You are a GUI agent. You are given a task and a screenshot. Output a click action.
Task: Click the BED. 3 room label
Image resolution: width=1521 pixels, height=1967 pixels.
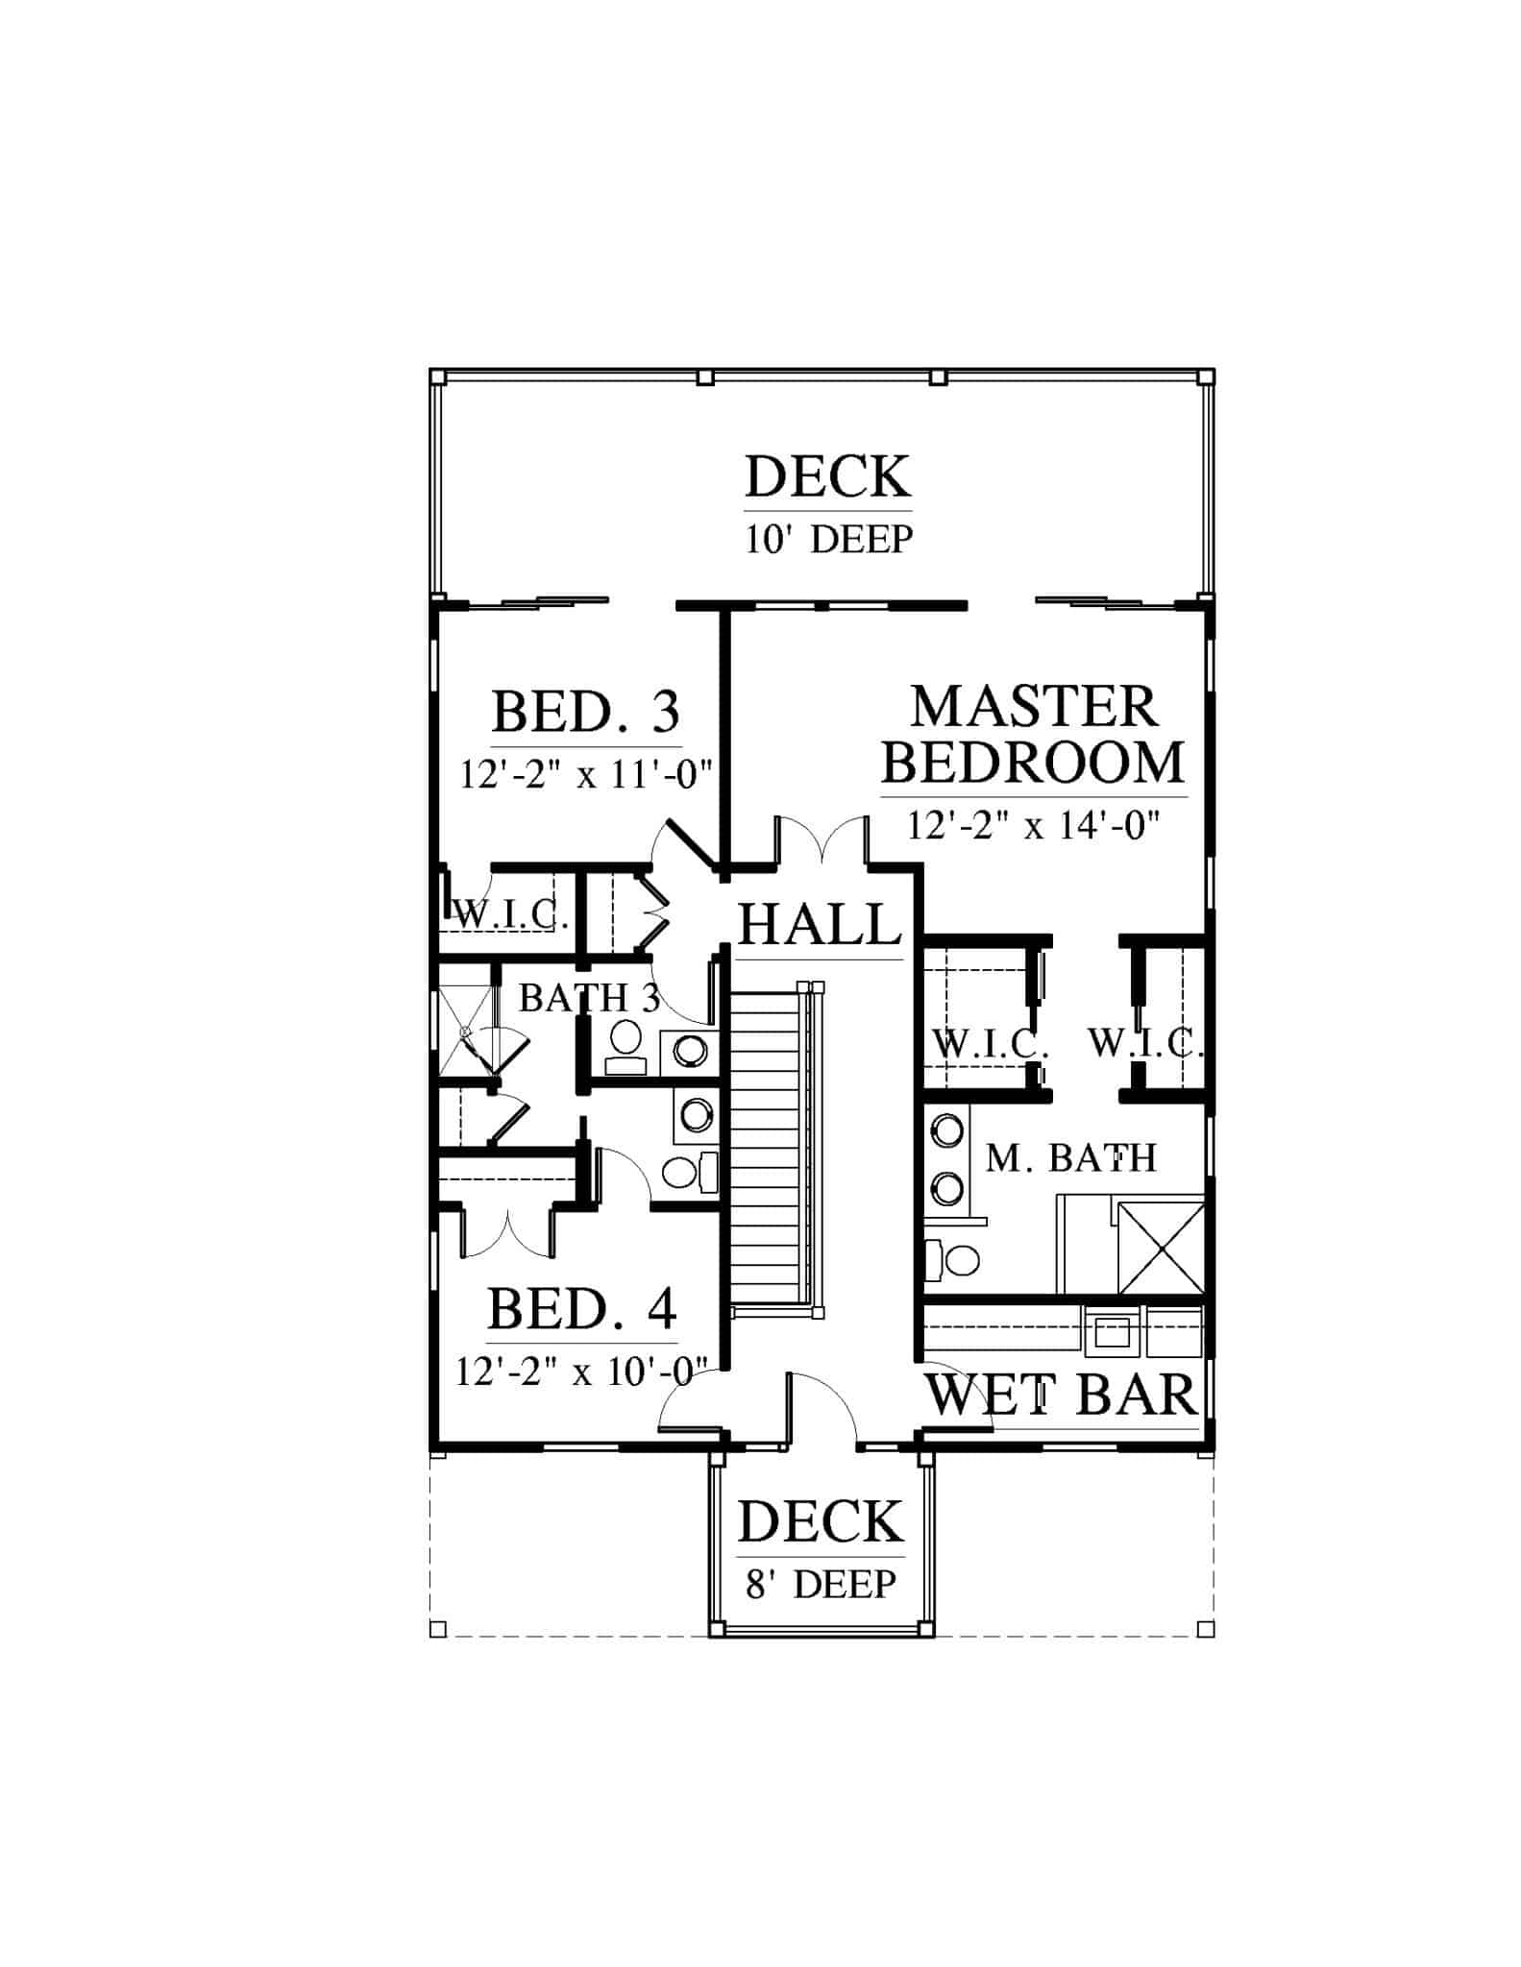tap(586, 712)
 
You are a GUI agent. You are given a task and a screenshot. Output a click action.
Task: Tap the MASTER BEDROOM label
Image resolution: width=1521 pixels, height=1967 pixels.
tap(1034, 735)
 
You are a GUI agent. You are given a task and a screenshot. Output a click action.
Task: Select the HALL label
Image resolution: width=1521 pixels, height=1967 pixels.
tap(821, 925)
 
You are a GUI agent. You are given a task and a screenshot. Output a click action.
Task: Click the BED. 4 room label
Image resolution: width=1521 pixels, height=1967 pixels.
tap(582, 1308)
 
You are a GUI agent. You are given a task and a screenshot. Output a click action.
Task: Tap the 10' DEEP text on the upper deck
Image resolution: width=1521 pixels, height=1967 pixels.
tap(828, 540)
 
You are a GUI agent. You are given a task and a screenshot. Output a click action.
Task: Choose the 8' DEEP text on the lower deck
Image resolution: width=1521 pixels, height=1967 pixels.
tap(821, 1584)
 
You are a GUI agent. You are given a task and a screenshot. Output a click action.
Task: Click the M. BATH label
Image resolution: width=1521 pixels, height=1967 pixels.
tap(1071, 1158)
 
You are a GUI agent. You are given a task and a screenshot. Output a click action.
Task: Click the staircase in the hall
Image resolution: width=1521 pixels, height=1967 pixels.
tap(772, 1143)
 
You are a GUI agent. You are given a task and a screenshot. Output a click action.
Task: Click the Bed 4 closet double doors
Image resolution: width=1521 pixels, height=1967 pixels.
tap(507, 1231)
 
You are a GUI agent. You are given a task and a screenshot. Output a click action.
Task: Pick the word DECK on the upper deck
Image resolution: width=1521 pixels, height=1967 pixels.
tap(828, 477)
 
